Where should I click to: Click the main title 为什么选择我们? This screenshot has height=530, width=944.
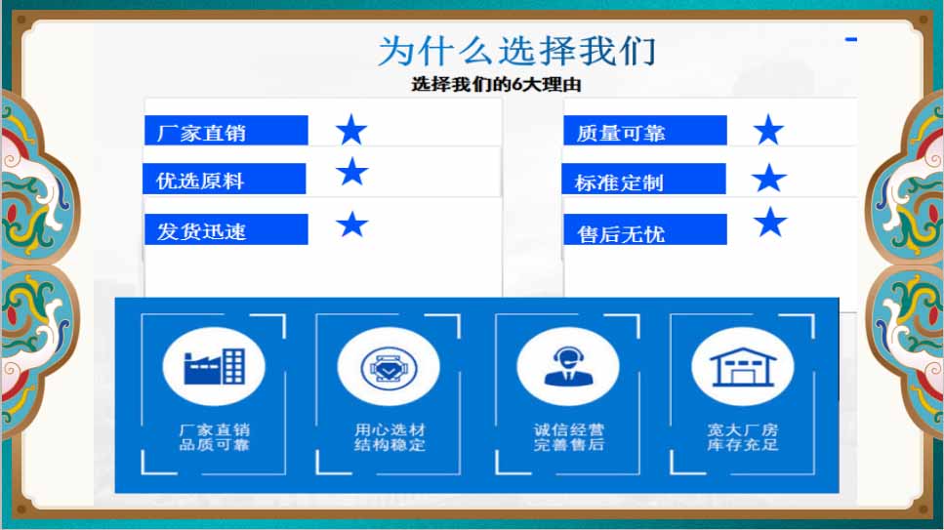(516, 51)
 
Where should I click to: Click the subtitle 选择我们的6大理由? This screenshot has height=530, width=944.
(496, 84)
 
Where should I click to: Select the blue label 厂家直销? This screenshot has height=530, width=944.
(226, 130)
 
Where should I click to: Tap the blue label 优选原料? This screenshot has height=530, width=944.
(224, 179)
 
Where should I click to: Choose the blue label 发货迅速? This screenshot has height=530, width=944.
(226, 229)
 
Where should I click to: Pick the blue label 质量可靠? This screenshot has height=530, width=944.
(644, 130)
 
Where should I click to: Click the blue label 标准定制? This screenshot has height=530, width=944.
(643, 179)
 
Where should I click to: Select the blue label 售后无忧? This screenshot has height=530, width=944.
(644, 229)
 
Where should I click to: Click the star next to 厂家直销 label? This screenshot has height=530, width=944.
(351, 130)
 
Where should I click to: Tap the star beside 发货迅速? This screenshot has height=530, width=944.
(352, 224)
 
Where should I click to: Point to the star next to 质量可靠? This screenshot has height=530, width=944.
(768, 130)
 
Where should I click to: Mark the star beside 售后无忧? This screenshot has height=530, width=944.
(770, 223)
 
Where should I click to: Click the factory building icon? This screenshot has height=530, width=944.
(214, 366)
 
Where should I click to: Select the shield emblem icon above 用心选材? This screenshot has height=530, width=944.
(389, 367)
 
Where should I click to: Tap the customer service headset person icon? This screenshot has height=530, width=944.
(568, 366)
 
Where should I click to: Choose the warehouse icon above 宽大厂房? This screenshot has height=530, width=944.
(742, 367)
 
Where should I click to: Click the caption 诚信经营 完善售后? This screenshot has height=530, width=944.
(568, 437)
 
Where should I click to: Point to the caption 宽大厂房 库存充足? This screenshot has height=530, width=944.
(742, 437)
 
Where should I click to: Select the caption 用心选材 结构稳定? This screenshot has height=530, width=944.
(390, 437)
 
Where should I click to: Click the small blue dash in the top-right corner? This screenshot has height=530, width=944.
(850, 40)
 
